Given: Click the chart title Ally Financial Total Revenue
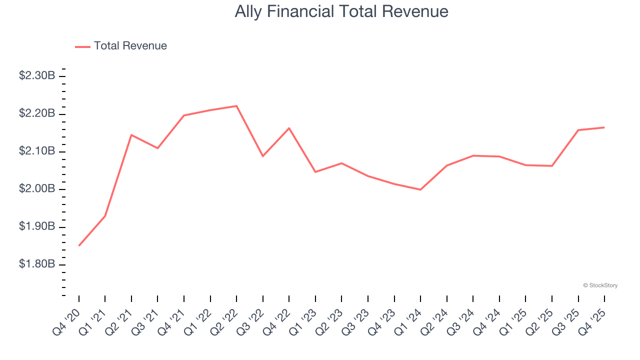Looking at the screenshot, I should [x=341, y=11].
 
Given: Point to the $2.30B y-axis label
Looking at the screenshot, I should [x=37, y=76].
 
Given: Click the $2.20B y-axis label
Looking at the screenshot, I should [x=37, y=114].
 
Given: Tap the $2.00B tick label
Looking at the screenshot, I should [x=37, y=189].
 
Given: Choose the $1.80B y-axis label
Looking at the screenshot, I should [x=37, y=264].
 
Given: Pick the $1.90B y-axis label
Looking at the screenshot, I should [x=37, y=226].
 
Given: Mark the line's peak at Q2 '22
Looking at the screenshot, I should [x=236, y=106].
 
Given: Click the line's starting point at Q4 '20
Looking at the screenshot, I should [x=79, y=245].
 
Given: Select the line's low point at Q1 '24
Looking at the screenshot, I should [x=420, y=189].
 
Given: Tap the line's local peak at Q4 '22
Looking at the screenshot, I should [x=289, y=128].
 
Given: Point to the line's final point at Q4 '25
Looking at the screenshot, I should [x=604, y=127].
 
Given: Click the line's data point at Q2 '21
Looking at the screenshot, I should [x=131, y=135].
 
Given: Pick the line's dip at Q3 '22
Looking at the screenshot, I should [x=263, y=156].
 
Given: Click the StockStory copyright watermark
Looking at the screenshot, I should [x=600, y=285].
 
